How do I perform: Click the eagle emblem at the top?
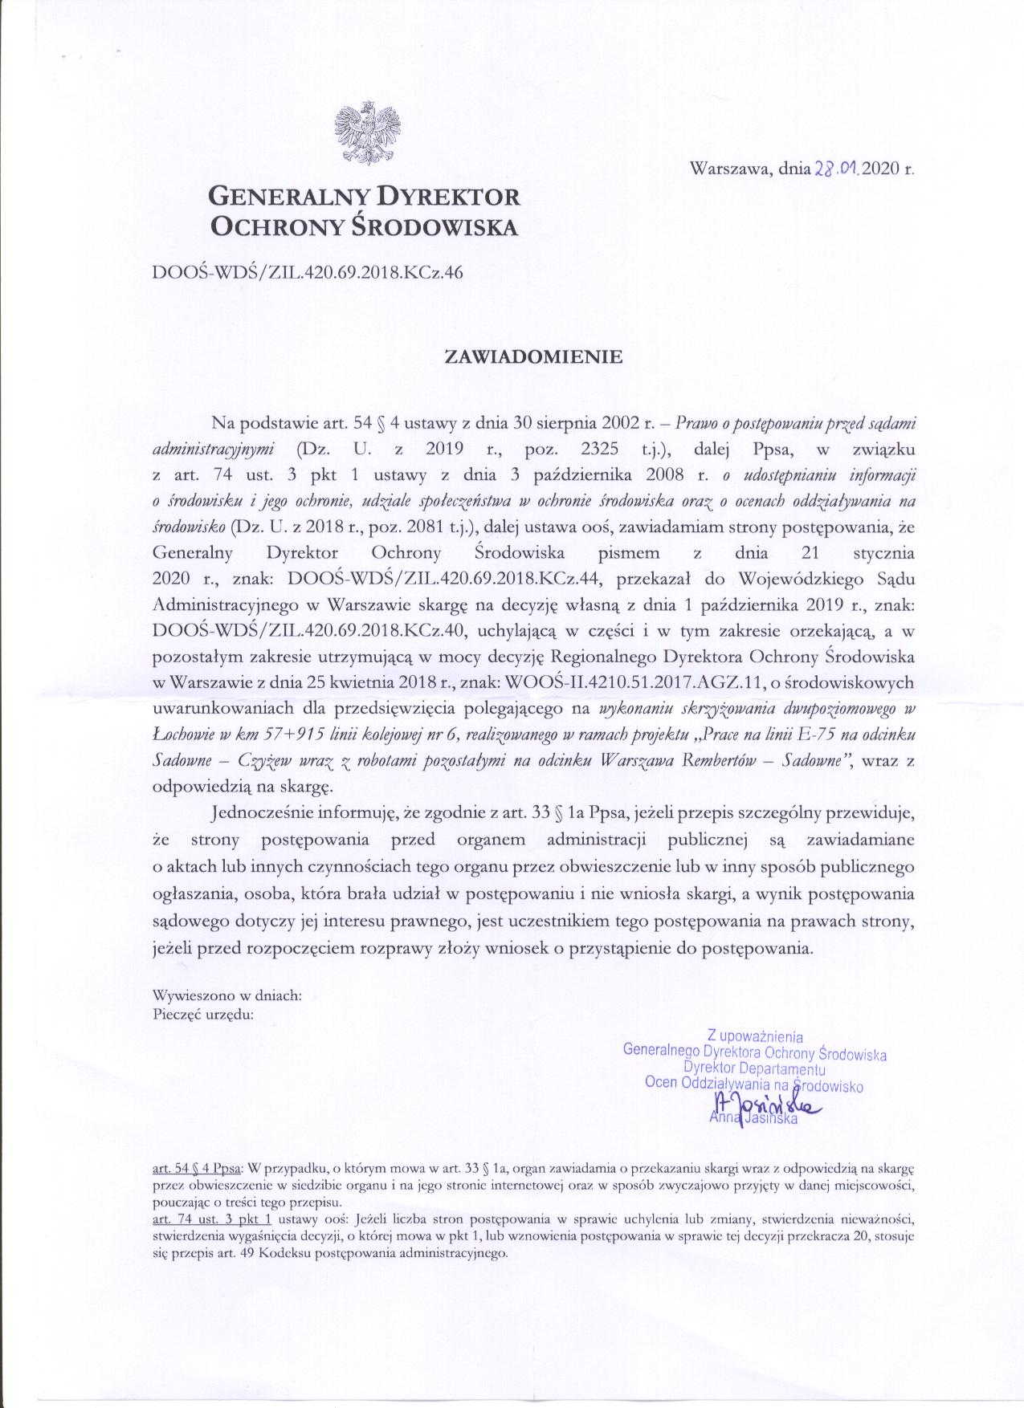tap(367, 131)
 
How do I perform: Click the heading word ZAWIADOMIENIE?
tap(534, 357)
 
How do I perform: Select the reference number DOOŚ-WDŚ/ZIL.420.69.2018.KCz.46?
tap(308, 272)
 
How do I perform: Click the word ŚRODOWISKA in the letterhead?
tap(438, 227)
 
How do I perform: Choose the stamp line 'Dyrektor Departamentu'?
tap(754, 1068)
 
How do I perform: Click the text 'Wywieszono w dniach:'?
tap(227, 995)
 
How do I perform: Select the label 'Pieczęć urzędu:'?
tap(203, 1013)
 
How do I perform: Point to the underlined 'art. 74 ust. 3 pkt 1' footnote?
tap(211, 1218)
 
